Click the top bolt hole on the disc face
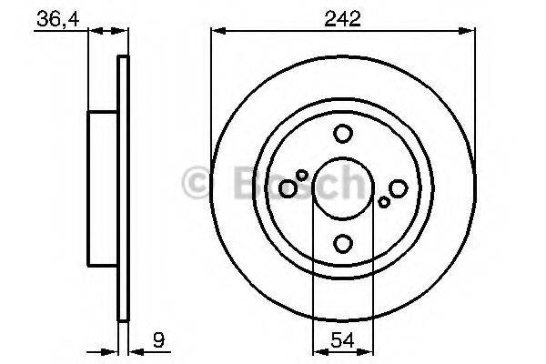tap(343, 134)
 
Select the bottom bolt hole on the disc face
tap(343, 243)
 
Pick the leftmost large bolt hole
tap(288, 188)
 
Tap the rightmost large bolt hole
tap(398, 188)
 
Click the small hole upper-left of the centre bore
tap(302, 175)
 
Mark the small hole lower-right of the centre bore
tap(384, 202)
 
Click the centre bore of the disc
tap(343, 188)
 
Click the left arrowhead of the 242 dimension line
tap(217, 31)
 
